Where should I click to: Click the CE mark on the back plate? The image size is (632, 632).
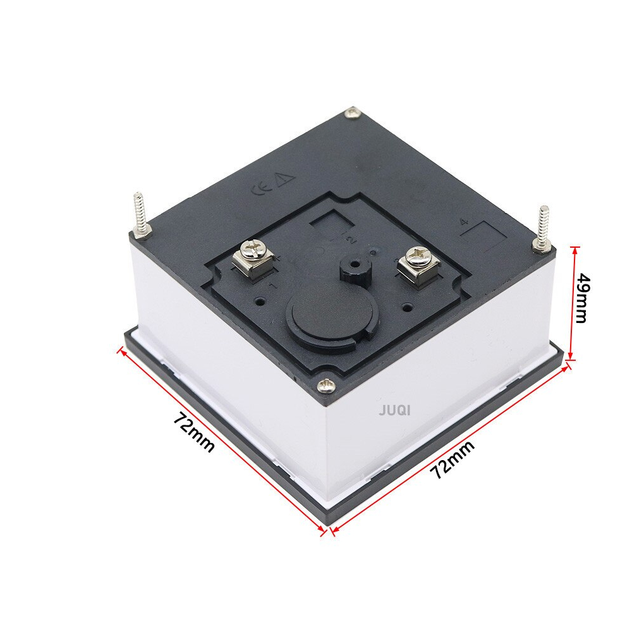tap(262, 188)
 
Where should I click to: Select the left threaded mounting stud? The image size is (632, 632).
tap(140, 216)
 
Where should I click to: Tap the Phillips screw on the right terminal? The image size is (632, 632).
tap(418, 257)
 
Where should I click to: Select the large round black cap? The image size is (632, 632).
tap(327, 318)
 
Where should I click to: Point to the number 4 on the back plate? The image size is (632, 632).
tap(465, 222)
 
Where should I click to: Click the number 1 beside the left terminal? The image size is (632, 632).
tap(273, 286)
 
